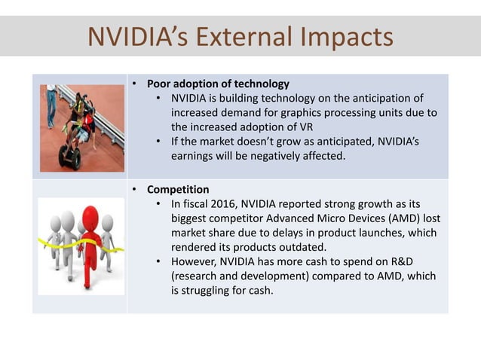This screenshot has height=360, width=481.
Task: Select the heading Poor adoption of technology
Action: click(217, 84)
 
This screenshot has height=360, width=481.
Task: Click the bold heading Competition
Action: click(178, 189)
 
